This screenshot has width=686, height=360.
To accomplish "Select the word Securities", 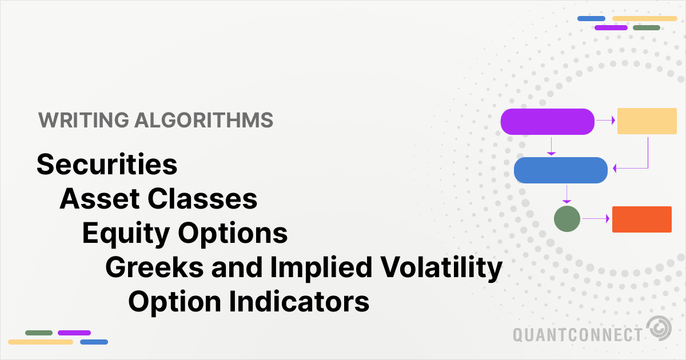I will [107, 165].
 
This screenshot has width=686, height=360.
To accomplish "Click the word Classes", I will [202, 199].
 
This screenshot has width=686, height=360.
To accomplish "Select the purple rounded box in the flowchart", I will [548, 122].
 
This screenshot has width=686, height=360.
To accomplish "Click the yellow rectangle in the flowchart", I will [647, 121].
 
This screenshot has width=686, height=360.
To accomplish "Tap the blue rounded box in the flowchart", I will [561, 170].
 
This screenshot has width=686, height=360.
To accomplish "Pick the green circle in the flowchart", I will [567, 219].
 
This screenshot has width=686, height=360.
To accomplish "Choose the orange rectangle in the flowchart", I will [641, 219].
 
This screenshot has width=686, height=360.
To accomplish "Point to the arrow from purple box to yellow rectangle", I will [605, 121].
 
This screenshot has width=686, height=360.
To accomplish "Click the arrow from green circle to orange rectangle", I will [596, 219].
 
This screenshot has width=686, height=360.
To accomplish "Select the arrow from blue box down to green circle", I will [567, 194].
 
